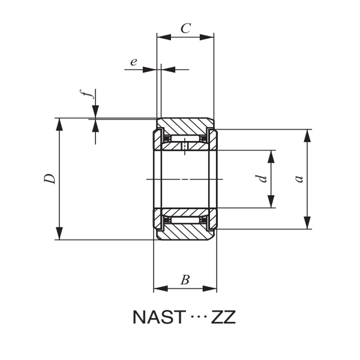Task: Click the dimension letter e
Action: pyautogui.click(x=133, y=61)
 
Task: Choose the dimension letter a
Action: pyautogui.click(x=298, y=179)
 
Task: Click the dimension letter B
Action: pyautogui.click(x=185, y=279)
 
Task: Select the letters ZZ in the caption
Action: pyautogui.click(x=223, y=317)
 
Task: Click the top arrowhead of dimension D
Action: pyautogui.click(x=59, y=124)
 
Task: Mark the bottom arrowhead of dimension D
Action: pyautogui.click(x=59, y=234)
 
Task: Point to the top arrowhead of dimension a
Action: pyautogui.click(x=307, y=135)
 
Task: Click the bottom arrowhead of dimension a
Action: pyautogui.click(x=307, y=223)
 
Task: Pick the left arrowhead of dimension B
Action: pyautogui.click(x=159, y=289)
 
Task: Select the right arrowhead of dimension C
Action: pyautogui.click(x=208, y=37)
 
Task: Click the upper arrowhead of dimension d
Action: pyautogui.click(x=271, y=156)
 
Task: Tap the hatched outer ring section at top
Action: pyautogui.click(x=185, y=127)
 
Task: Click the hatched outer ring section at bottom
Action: pyautogui.click(x=185, y=232)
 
